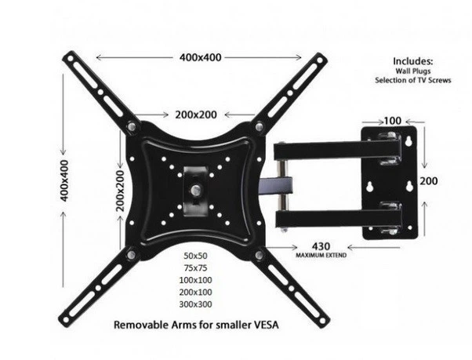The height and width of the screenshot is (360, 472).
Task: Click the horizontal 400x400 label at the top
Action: [x=201, y=57]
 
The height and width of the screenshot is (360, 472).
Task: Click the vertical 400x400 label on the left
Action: [x=64, y=180]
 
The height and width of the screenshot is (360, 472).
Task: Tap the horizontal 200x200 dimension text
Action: [x=196, y=115]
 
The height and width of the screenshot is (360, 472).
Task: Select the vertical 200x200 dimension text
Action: [x=120, y=191]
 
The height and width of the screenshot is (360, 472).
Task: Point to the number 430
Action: [x=321, y=246]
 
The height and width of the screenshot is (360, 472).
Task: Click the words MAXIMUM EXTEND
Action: [x=321, y=255]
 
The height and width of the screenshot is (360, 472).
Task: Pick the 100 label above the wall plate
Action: [x=393, y=121]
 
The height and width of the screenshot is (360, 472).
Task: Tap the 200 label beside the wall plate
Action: [x=429, y=181]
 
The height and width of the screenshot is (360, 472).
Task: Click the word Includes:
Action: [x=413, y=61]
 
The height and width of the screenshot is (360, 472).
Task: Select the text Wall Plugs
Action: [x=413, y=71]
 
